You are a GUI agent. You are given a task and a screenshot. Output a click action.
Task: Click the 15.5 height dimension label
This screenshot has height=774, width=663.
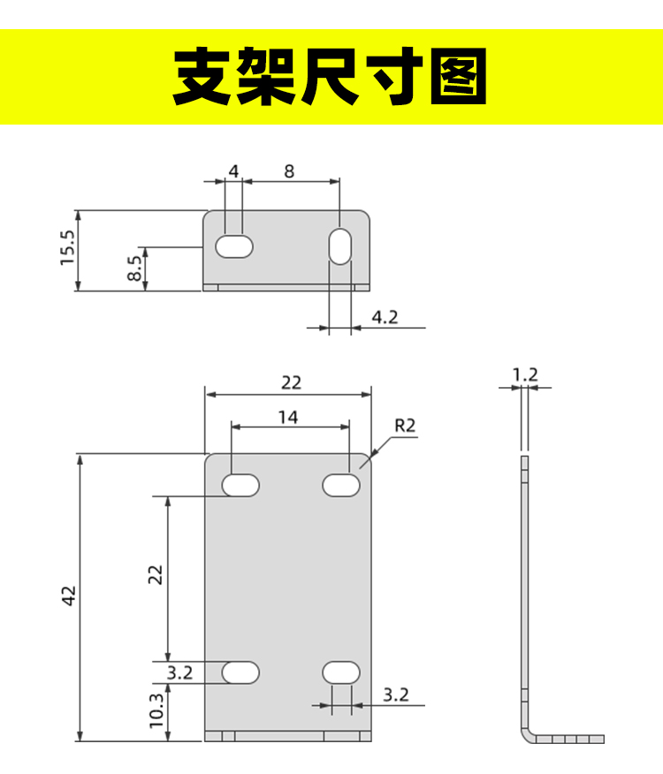tap(68, 247)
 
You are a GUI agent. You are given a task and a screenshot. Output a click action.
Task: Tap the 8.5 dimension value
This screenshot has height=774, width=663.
tap(134, 269)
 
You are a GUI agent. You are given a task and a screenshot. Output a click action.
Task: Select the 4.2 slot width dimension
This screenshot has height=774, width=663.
tap(385, 317)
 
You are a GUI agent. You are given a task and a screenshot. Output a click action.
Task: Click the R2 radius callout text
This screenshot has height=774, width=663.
tap(405, 426)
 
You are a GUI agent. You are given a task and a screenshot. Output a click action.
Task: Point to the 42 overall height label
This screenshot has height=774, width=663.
tap(69, 596)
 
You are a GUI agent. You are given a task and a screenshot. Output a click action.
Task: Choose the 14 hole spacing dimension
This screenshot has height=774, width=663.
tap(288, 418)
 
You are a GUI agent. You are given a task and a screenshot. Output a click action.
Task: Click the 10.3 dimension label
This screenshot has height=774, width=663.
tap(156, 710)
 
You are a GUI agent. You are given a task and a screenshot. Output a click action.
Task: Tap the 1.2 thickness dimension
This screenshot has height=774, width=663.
tap(525, 375)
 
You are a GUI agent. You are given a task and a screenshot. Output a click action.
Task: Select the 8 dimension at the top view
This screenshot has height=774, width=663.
tap(289, 171)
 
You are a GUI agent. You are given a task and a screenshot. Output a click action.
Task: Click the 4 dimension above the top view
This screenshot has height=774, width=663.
tap(233, 171)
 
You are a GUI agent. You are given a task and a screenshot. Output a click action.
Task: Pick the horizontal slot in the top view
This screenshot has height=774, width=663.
tap(234, 247)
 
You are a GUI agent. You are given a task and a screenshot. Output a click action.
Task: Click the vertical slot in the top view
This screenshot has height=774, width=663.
tap(340, 246)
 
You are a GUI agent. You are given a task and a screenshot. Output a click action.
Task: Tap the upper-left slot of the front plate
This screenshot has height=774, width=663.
tap(240, 485)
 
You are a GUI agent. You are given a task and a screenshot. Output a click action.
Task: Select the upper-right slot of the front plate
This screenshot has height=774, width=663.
tap(341, 485)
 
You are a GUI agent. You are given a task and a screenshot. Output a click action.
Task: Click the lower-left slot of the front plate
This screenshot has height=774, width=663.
tap(240, 672)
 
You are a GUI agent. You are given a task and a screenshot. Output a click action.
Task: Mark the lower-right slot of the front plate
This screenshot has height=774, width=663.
tap(341, 672)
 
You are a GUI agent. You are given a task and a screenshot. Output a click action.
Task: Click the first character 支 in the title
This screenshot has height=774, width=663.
tap(203, 76)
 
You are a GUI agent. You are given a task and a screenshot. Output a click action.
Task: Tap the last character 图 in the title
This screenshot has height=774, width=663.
tap(459, 76)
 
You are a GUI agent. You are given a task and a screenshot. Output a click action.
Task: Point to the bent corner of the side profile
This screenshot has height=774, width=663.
tap(527, 734)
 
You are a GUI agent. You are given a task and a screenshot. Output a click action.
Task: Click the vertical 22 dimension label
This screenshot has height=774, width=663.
tap(155, 575)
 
